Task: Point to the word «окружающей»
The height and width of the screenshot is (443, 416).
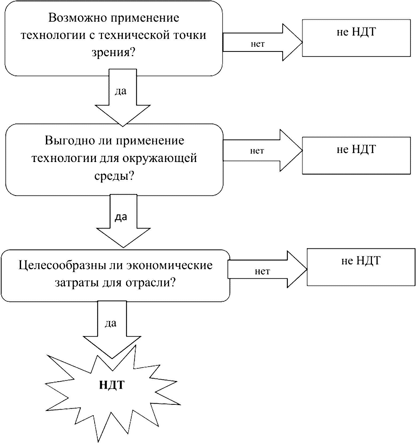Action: point(159,158)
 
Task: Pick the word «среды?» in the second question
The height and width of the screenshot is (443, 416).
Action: point(114,176)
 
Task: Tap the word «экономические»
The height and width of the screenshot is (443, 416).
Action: point(169,265)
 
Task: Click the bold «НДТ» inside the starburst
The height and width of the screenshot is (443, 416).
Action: point(112,385)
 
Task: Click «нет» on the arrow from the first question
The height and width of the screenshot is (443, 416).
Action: point(257,44)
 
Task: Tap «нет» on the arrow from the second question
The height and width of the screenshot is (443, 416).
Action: point(257,151)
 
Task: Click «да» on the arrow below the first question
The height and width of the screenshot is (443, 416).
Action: point(121,91)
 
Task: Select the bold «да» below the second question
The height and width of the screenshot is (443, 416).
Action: point(121,217)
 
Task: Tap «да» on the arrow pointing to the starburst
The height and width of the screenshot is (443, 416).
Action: point(110,323)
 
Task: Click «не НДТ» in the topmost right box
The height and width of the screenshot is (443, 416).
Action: point(356,32)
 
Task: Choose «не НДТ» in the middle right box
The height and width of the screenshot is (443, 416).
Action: point(356,149)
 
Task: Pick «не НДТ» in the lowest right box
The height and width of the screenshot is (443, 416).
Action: point(360,261)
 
